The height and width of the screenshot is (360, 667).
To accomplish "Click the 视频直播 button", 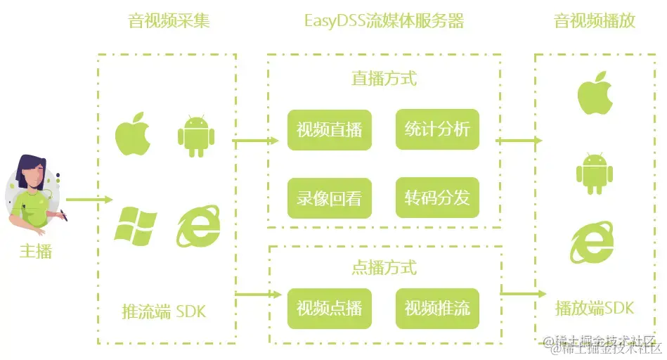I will pos(329,129).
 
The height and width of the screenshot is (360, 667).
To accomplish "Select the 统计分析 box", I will pos(437,129).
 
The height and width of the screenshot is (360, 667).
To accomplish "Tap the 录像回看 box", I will pos(329,198).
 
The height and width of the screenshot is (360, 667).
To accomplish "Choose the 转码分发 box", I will pos(437,198).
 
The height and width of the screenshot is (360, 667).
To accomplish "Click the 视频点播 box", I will pos(329,308).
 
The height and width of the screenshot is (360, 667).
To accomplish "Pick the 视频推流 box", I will pos(437,308).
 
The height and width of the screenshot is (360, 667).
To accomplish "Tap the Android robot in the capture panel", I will pos(195,134).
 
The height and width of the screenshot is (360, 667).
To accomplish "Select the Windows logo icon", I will pos(135,224).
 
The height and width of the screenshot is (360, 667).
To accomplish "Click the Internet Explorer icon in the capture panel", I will pos(197,224).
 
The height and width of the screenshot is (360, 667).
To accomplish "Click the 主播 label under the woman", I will pos(35,251).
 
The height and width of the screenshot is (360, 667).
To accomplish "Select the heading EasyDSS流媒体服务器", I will pos(384,20).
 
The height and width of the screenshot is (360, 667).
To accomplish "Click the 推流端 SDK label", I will pos(164,310).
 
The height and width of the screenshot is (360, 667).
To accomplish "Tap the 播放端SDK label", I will pos(594,308).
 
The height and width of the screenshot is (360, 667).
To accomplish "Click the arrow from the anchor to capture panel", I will pos(89,200).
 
